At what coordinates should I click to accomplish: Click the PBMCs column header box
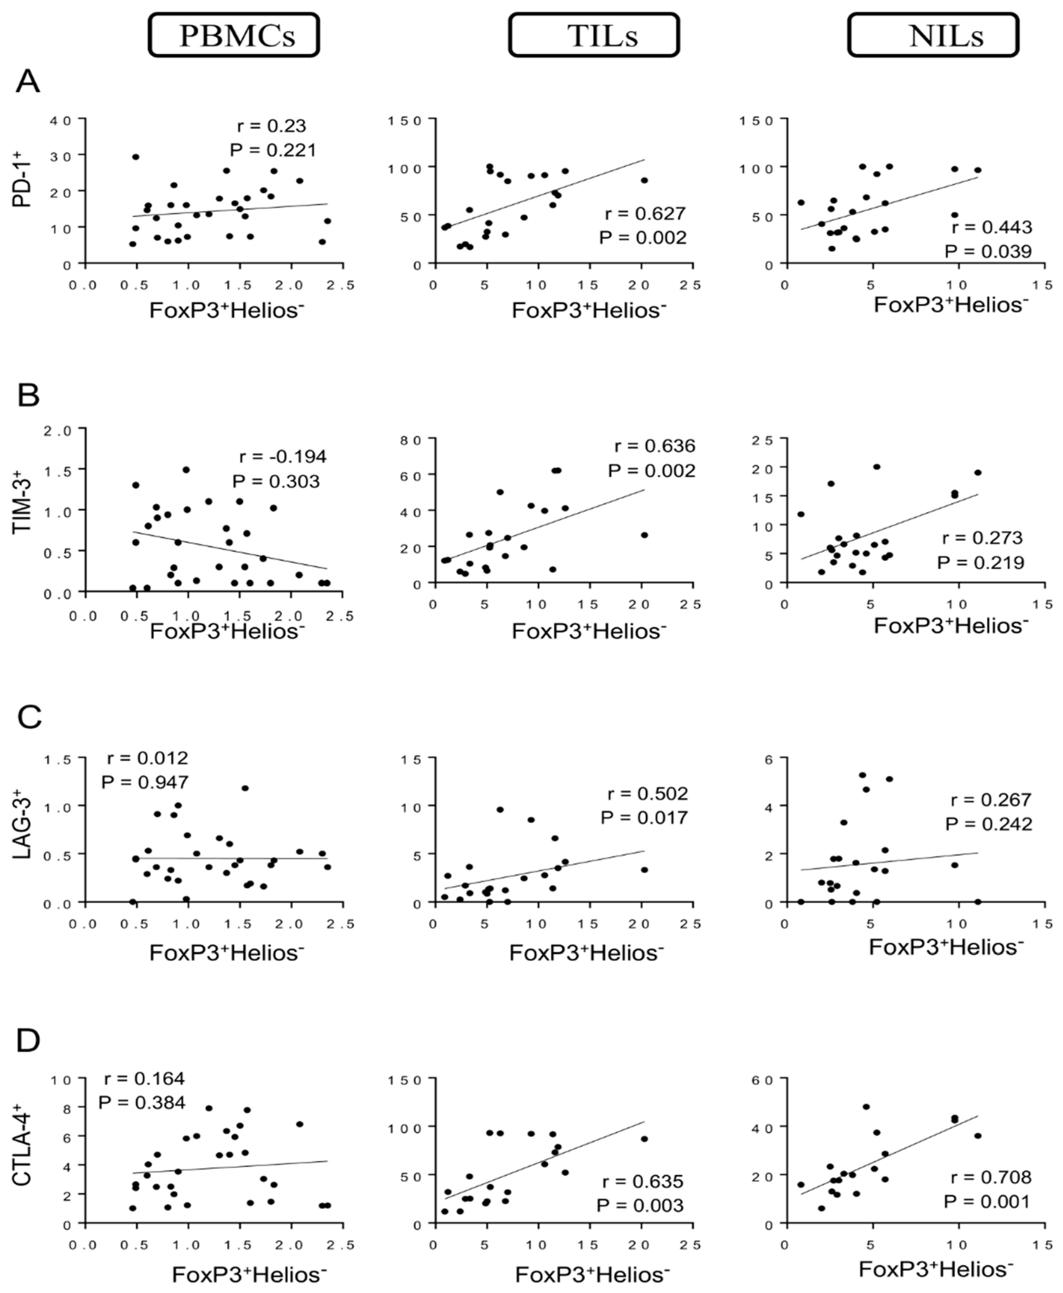(x=233, y=35)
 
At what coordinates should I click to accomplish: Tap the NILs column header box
(x=933, y=35)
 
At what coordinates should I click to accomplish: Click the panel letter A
(x=27, y=81)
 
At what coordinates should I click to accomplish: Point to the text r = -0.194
(x=282, y=456)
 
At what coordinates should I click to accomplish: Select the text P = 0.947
(x=145, y=782)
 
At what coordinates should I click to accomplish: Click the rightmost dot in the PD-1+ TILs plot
(x=644, y=180)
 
